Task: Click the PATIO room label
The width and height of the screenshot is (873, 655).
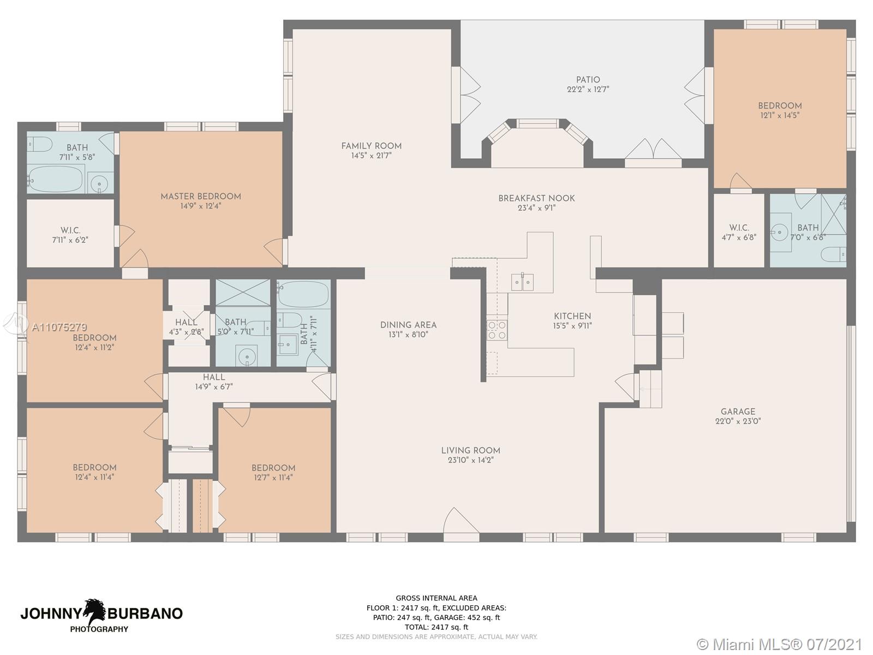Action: [x=588, y=80]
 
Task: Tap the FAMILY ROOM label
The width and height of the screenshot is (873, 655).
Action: [x=372, y=146]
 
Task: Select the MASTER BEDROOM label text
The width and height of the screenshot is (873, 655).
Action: [x=201, y=196]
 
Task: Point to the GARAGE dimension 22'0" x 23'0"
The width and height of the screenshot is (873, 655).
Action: [x=738, y=421]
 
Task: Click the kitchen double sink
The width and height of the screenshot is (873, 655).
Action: [x=522, y=282]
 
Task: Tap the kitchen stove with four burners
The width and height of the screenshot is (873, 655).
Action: [x=497, y=330]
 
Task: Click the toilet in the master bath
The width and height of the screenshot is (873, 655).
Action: [x=39, y=144]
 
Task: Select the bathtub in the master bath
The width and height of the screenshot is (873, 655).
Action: [x=55, y=178]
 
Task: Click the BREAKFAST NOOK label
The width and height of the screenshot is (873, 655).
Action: [x=536, y=198]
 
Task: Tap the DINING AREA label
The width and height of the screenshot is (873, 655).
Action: [x=409, y=325]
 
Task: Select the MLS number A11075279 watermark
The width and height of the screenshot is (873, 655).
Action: [x=59, y=327]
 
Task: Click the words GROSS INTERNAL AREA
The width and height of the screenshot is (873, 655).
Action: [x=436, y=598]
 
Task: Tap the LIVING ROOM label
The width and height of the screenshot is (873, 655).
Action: [x=470, y=451]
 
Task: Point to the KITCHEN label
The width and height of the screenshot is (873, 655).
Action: [x=572, y=316]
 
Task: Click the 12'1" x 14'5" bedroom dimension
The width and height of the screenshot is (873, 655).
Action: [x=780, y=115]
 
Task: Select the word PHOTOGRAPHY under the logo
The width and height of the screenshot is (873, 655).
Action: [x=99, y=629]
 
